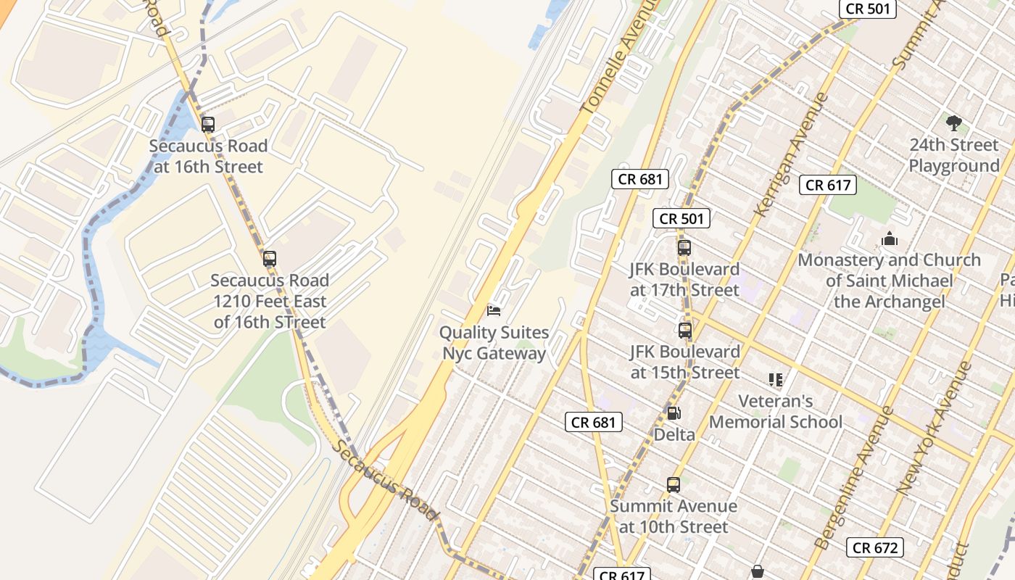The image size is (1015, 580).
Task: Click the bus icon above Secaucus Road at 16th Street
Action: click(208, 124)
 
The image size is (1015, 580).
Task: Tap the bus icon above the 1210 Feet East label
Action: click(270, 258)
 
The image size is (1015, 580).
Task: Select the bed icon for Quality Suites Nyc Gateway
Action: click(494, 311)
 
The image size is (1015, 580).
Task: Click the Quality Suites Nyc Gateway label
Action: click(494, 343)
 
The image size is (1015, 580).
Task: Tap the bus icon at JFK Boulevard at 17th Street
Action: click(684, 247)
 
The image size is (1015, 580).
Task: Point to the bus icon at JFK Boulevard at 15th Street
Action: click(685, 331)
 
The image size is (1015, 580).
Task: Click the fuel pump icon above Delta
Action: click(674, 413)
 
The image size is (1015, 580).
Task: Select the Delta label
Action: click(674, 434)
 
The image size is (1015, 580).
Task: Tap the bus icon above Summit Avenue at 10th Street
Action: click(674, 484)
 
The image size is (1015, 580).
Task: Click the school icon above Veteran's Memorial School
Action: click(776, 379)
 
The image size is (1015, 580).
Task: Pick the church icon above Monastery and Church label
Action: click(889, 239)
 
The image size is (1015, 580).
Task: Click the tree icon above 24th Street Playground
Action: click(954, 123)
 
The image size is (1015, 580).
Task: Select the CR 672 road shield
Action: click(875, 547)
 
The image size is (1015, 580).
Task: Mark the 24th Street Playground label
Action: click(954, 155)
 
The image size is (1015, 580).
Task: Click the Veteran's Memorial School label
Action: click(776, 411)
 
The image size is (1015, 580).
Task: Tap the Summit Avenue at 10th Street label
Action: click(674, 516)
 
